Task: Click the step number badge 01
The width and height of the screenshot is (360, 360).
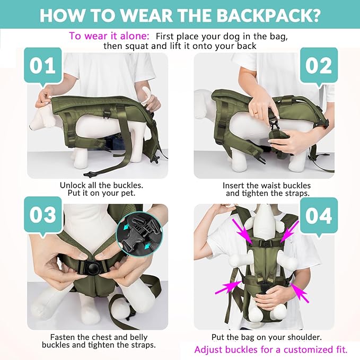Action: (42, 66)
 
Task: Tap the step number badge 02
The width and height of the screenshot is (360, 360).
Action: (319, 66)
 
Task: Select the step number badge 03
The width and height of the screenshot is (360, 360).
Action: (42, 216)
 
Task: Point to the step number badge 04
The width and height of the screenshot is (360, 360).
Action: (319, 216)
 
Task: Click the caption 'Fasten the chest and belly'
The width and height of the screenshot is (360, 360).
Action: (99, 337)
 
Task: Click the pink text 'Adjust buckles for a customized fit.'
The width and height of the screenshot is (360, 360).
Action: (271, 349)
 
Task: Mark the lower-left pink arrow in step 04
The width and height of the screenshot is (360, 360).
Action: (232, 287)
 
